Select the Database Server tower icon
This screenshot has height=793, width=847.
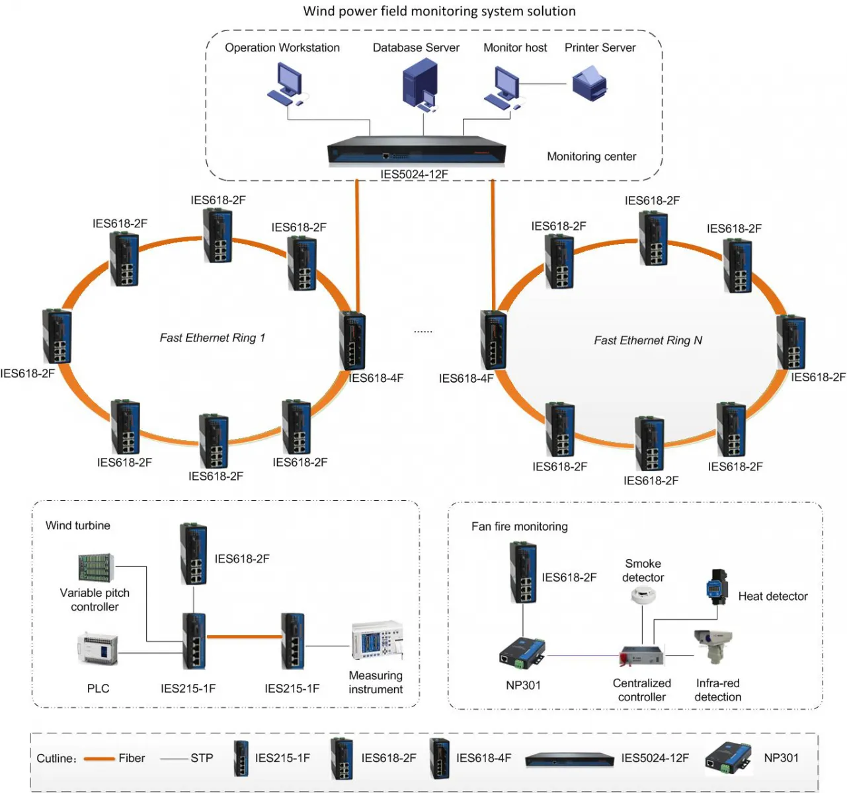(421, 83)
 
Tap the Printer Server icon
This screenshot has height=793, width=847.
(589, 85)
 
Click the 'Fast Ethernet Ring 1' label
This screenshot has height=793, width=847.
(212, 338)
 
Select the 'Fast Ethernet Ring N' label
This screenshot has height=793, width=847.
(647, 340)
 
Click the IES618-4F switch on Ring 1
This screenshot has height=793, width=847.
(352, 340)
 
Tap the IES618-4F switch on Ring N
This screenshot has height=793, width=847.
(493, 340)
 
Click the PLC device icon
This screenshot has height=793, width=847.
(98, 649)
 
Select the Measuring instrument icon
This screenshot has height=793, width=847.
(376, 640)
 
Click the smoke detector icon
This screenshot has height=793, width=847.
(642, 595)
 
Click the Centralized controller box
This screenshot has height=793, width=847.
(641, 656)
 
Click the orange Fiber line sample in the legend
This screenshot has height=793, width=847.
(99, 759)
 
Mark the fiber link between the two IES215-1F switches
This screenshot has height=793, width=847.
(243, 637)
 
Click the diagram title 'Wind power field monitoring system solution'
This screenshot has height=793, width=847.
(439, 11)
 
